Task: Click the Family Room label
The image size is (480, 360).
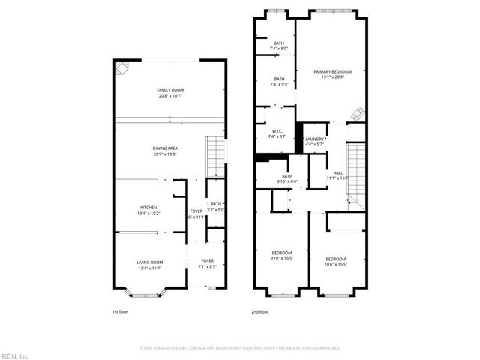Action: [170, 92]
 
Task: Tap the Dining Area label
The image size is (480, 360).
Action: [165, 151]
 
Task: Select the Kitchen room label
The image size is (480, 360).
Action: [148, 210]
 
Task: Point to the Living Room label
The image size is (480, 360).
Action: [149, 265]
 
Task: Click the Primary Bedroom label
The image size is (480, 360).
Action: [332, 73]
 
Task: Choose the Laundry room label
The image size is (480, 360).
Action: [314, 141]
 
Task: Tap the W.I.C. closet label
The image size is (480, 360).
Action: [277, 133]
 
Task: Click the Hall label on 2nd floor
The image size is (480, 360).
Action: [337, 176]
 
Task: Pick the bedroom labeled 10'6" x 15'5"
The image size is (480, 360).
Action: [335, 261]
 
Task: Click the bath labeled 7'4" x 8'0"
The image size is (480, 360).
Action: [278, 46]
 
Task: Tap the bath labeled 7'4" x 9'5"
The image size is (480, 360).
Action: [279, 82]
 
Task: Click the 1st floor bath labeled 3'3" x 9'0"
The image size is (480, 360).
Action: [215, 207]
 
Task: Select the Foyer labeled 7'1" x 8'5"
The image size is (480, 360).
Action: [207, 264]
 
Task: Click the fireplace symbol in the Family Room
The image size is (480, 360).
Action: [121, 69]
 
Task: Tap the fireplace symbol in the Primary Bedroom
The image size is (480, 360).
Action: [359, 113]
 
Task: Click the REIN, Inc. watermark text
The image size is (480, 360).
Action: [14, 355]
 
